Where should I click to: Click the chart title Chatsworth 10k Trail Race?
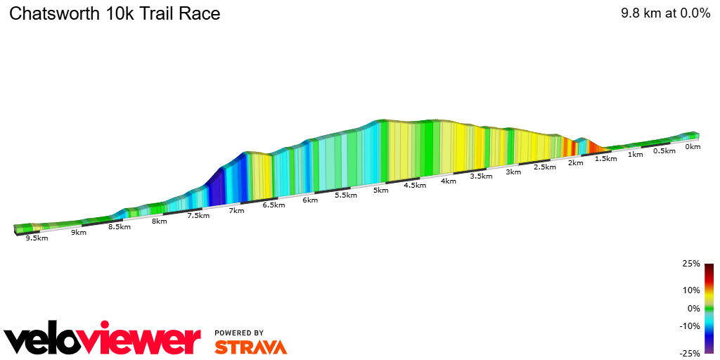115,13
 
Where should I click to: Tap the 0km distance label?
693,147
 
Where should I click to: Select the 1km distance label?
636,155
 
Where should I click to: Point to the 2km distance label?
575,163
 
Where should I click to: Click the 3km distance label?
513,172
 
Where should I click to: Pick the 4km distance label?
448,181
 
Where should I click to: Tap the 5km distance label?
381,191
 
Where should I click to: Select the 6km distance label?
310,200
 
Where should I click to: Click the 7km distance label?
237,211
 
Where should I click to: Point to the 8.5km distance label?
119,227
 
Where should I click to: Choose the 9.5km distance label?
37,238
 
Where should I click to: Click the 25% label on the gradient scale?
691,264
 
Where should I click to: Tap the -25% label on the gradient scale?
690,354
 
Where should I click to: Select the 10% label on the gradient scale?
691,290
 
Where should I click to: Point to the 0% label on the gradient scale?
693,309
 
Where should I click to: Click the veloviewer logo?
103,340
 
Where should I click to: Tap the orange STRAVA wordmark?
250,347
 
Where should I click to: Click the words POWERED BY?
239,333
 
